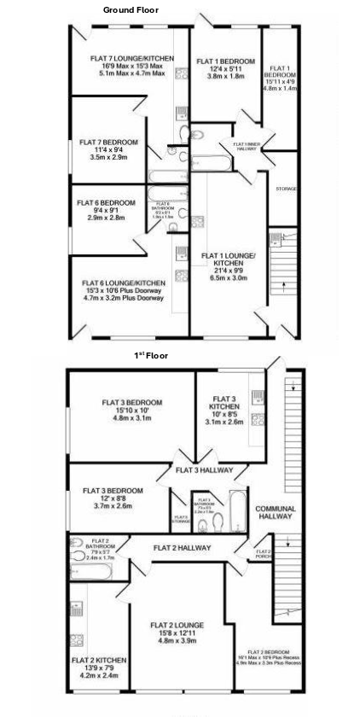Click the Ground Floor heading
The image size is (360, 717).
(x=131, y=9)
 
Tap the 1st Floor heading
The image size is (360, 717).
(x=151, y=355)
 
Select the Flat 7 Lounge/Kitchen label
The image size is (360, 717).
(x=131, y=58)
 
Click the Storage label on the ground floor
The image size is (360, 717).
(x=285, y=188)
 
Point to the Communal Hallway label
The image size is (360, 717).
(x=275, y=512)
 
